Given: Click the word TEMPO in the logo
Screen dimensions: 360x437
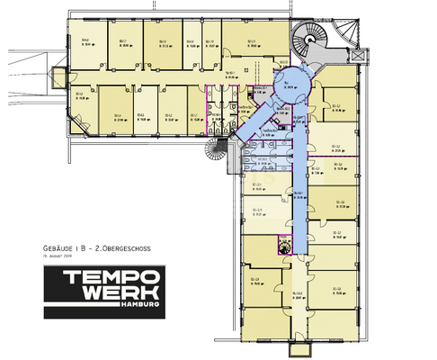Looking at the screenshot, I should pyautogui.click(x=104, y=275).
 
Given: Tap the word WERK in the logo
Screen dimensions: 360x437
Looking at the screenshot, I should pyautogui.click(x=104, y=296).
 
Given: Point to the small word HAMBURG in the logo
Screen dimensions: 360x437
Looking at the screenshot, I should pyautogui.click(x=143, y=308).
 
